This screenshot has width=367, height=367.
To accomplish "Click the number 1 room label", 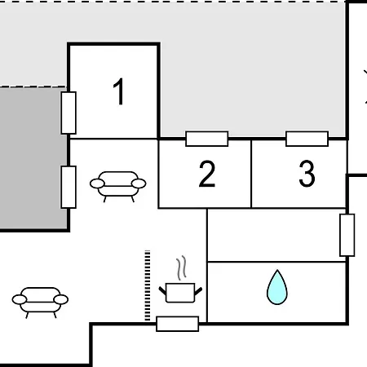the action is pos(119,91).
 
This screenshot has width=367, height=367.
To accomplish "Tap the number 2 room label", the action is pos(207,174).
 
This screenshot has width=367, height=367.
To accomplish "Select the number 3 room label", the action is pos(307,174).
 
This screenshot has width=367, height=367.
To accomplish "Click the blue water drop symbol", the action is pos(277,287).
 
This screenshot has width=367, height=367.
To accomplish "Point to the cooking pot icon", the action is pos(180,293).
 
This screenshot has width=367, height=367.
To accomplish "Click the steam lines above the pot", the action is pos(182,268).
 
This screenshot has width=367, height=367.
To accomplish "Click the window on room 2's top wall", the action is pos(207,139).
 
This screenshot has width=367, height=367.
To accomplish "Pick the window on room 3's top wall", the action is pos(307,139).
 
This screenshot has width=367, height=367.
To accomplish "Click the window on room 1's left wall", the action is pos(69,113).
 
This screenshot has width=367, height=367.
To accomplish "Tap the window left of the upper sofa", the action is pos(69,187).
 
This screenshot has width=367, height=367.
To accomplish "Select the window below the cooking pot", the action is pos(178,324).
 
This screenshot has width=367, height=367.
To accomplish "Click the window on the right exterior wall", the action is pos(347,235).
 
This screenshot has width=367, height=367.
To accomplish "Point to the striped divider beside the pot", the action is pos(148,285).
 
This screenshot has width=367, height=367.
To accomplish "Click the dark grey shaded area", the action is pos(33,159).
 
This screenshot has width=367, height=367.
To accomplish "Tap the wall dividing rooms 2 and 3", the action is pos(251,174).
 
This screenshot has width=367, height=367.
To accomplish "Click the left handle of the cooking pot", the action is pos(162,290).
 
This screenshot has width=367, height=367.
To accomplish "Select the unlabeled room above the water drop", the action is pos(276,236).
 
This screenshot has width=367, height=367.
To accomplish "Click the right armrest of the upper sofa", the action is pos(139,183).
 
